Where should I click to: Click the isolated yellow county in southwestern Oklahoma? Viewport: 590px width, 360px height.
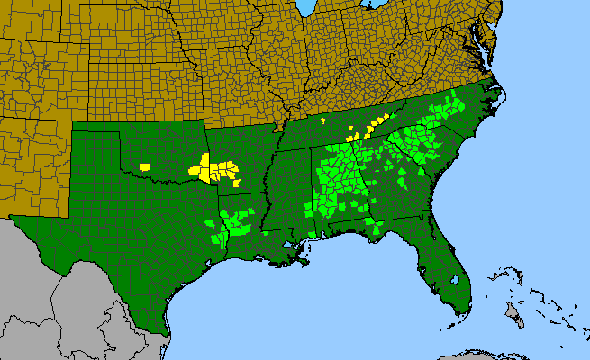(145, 166)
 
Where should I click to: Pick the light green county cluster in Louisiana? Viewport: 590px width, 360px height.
(229, 226)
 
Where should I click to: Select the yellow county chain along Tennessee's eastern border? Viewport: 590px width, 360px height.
(371, 126)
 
